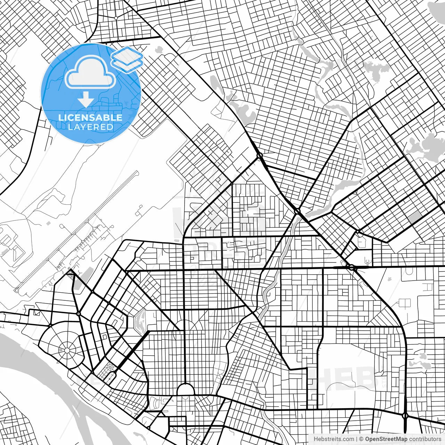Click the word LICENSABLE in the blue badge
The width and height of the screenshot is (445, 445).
90,118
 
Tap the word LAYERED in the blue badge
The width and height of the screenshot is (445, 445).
90,127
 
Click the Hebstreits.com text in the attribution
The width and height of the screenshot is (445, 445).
334,439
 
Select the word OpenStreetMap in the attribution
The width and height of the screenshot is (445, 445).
386,439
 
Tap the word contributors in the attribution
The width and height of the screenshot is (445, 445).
425,439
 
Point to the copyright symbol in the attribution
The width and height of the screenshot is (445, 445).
362,439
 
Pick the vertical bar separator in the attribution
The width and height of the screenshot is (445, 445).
357,439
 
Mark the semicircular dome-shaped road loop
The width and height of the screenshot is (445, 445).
185,389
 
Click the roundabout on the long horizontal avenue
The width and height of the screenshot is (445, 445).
351,267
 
